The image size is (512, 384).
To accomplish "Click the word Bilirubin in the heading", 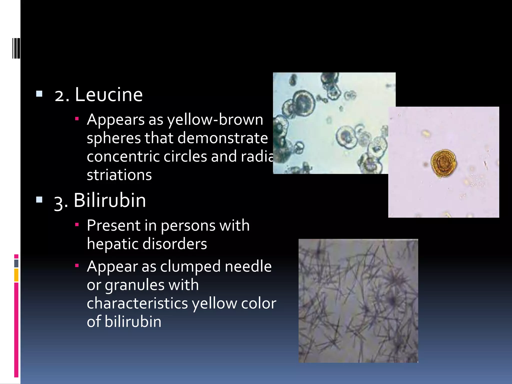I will tap(110, 200).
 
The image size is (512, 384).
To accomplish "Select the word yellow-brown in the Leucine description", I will tap(215, 120).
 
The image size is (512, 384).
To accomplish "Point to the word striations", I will tap(119, 175).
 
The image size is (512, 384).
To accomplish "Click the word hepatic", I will tap(112, 244).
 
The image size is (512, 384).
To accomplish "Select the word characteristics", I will tap(137, 303).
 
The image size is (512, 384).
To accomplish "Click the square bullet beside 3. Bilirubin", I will tap(39, 199).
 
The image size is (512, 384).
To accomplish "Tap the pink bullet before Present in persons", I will tap(77, 225).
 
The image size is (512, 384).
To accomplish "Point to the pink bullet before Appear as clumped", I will tap(77, 265).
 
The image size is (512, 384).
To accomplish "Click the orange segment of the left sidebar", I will tap(16, 275).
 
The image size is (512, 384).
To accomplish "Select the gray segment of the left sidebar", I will tap(16, 263).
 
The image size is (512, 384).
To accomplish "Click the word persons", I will tap(188, 225).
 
